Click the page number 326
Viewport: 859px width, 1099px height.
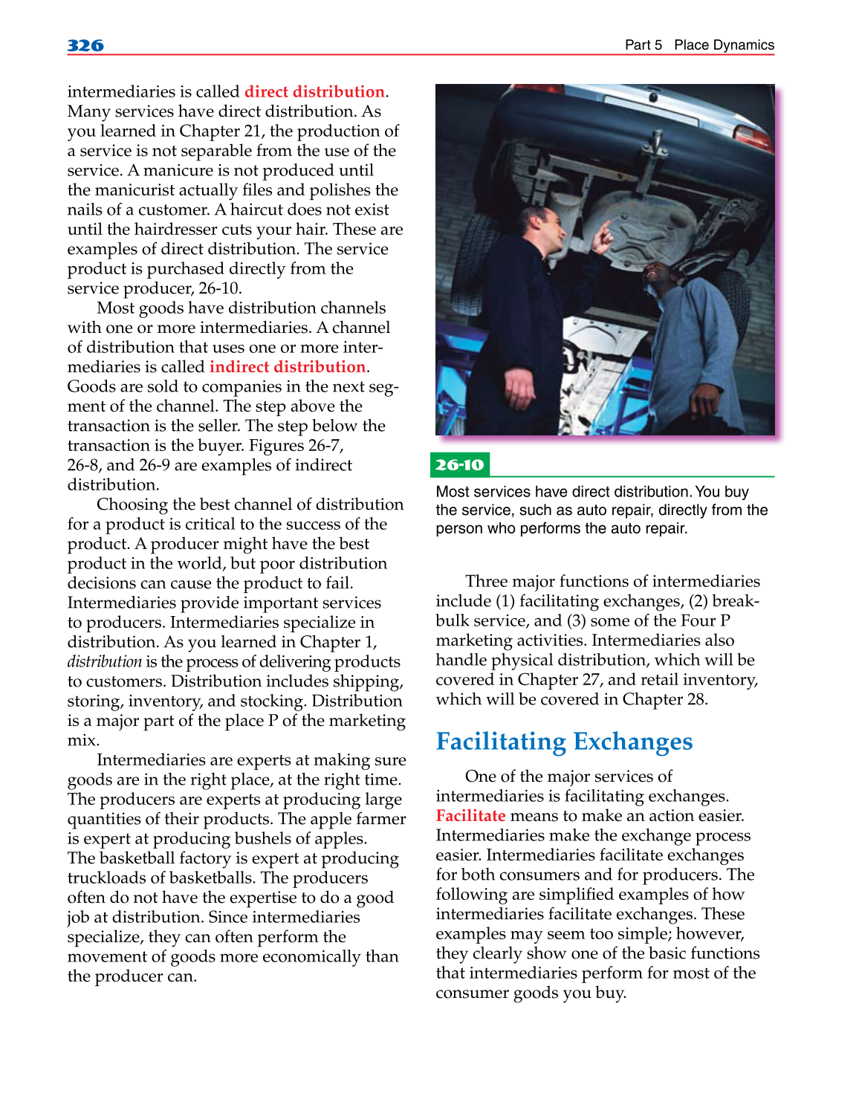(x=85, y=45)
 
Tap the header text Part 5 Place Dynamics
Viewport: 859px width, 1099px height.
(x=698, y=45)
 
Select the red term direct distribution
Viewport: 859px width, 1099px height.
(x=314, y=91)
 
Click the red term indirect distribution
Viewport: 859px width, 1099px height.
(x=287, y=366)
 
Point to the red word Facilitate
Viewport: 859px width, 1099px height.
(x=470, y=815)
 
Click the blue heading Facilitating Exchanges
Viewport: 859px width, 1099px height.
(x=564, y=741)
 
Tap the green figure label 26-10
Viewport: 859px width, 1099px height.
(x=459, y=464)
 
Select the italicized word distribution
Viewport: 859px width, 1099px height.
(x=104, y=661)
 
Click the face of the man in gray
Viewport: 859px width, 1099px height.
(x=658, y=279)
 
